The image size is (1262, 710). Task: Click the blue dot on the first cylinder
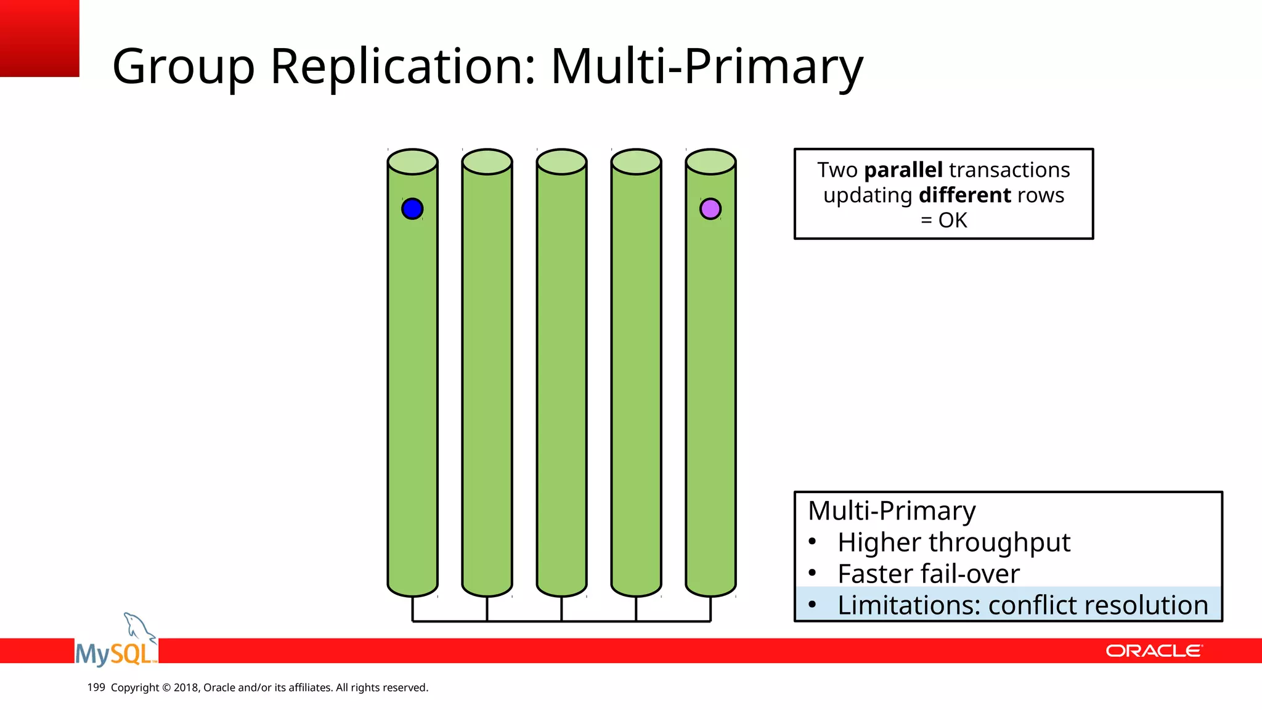pyautogui.click(x=412, y=209)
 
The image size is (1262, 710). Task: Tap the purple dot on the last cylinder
pyautogui.click(x=710, y=209)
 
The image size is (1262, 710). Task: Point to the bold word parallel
pyautogui.click(x=903, y=169)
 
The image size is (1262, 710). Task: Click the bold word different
pyautogui.click(x=965, y=195)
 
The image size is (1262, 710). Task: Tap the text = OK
pyautogui.click(x=943, y=220)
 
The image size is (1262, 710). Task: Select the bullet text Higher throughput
pyautogui.click(x=953, y=542)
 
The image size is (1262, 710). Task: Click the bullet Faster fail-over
pyautogui.click(x=928, y=574)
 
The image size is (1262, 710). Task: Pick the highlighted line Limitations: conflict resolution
pyautogui.click(x=1022, y=605)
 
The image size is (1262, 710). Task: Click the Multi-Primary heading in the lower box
pyautogui.click(x=892, y=511)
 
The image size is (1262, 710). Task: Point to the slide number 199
pyautogui.click(x=96, y=687)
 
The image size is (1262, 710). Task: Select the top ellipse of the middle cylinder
pyautogui.click(x=561, y=161)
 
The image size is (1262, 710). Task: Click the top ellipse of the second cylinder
pyautogui.click(x=487, y=161)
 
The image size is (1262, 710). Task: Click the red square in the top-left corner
pyautogui.click(x=39, y=38)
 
